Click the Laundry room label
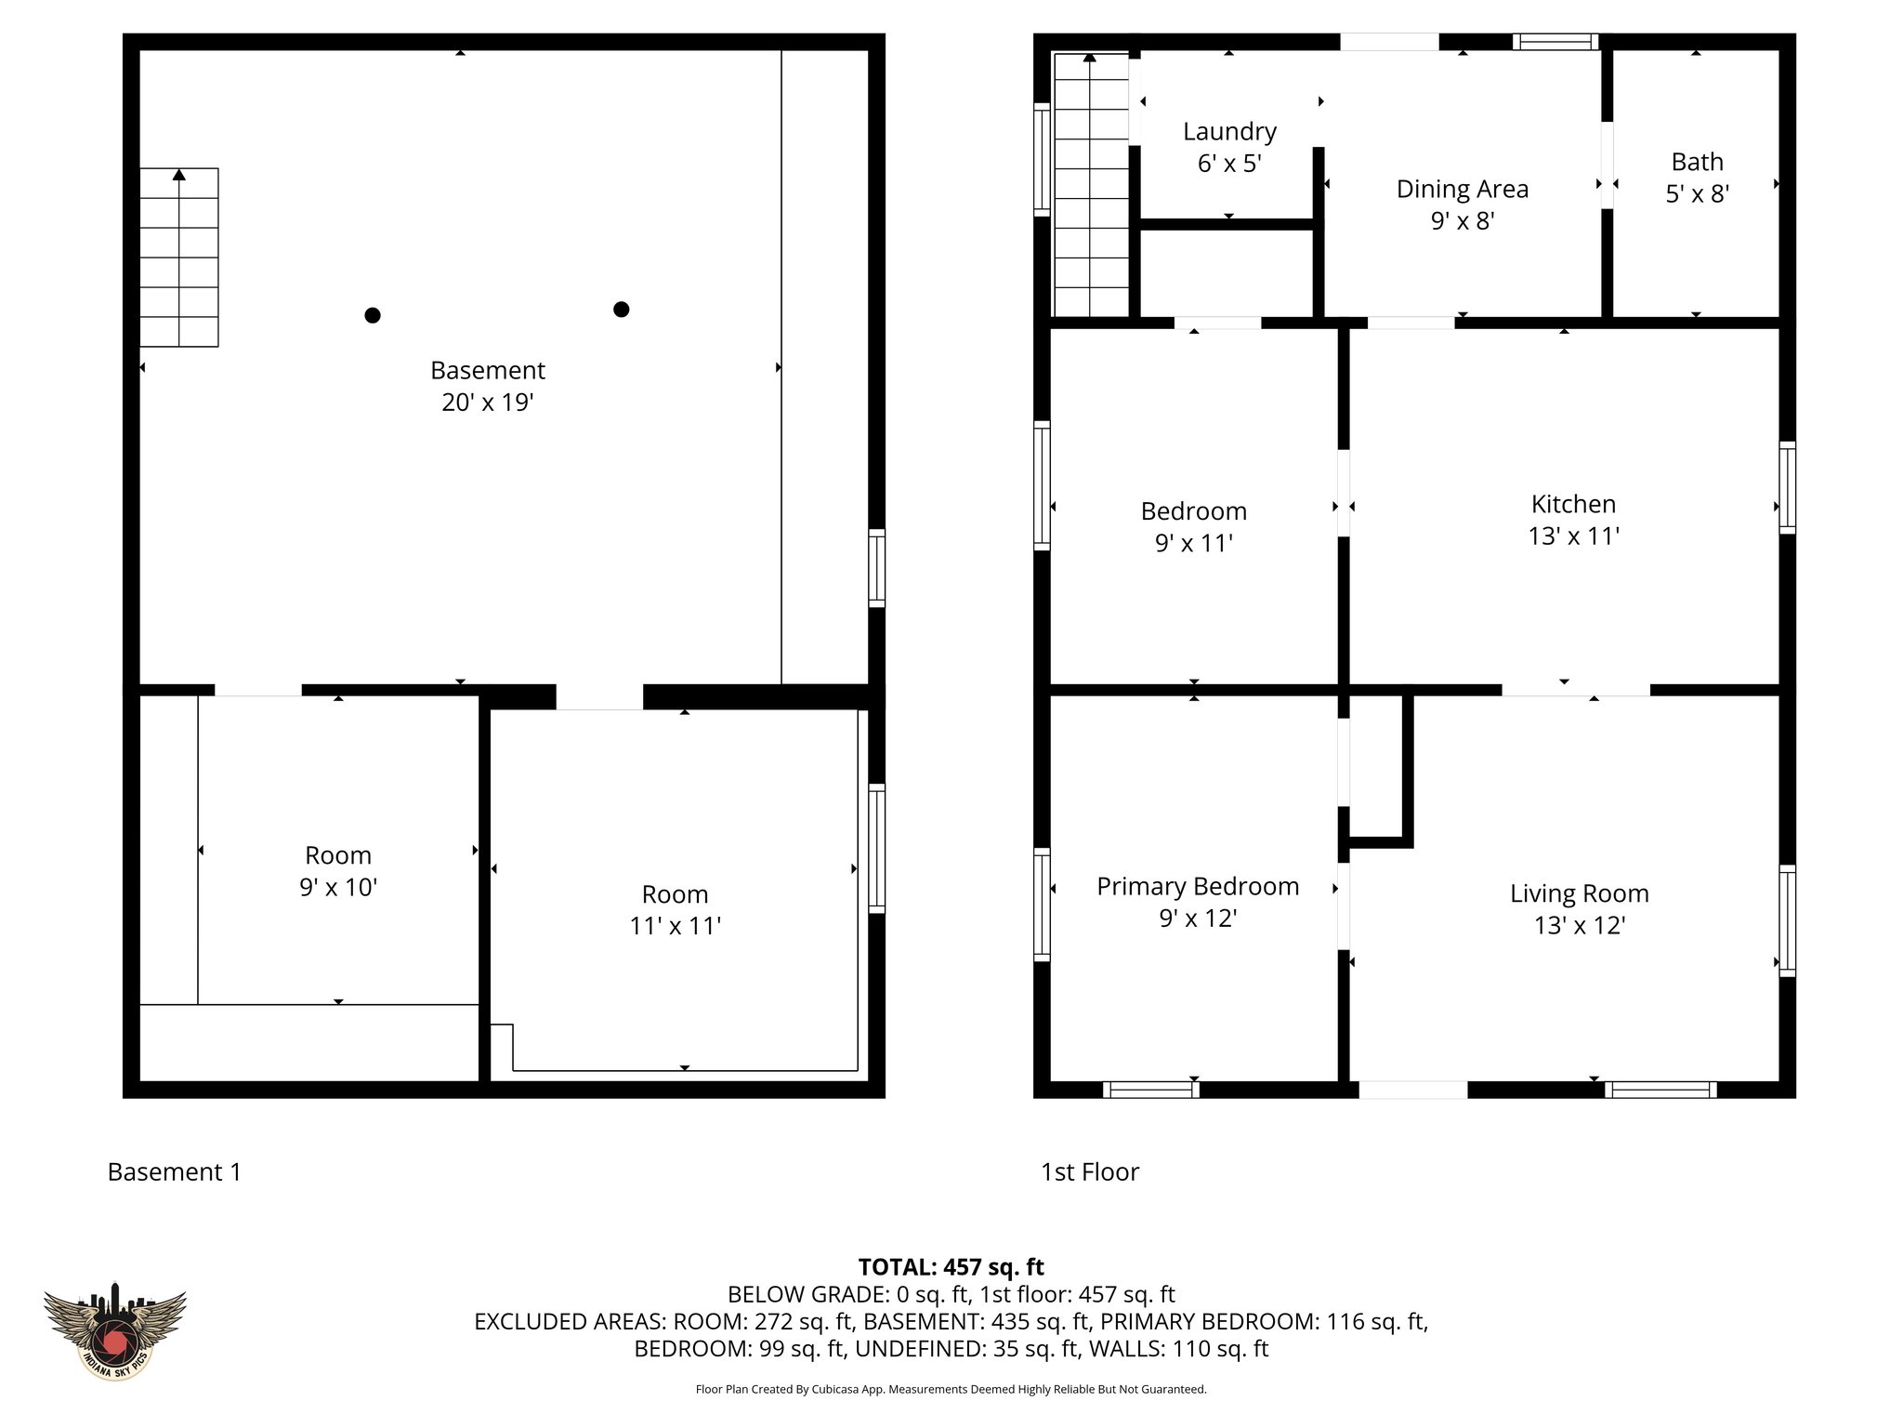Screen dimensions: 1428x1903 1228,132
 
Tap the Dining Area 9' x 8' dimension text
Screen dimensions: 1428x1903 1462,221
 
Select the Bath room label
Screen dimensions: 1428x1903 1697,162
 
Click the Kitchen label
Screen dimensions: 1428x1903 1573,504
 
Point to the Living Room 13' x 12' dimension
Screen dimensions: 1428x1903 1579,925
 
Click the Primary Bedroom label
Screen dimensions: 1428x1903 1197,886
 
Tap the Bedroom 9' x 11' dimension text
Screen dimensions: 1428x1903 1193,543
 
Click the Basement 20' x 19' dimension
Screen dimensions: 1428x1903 487,402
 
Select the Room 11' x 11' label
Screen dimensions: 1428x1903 675,894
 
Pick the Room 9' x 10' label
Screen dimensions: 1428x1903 337,855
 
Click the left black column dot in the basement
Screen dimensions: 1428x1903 372,315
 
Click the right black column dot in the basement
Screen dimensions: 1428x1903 621,310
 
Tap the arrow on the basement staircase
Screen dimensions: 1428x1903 179,175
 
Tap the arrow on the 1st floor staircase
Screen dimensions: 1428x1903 1089,58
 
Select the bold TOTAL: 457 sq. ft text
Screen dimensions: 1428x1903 951,1267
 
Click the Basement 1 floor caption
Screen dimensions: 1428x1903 174,1172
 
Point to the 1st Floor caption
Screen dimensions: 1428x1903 1089,1172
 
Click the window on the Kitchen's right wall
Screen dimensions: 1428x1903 1787,488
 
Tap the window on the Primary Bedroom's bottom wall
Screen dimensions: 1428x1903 1150,1090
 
